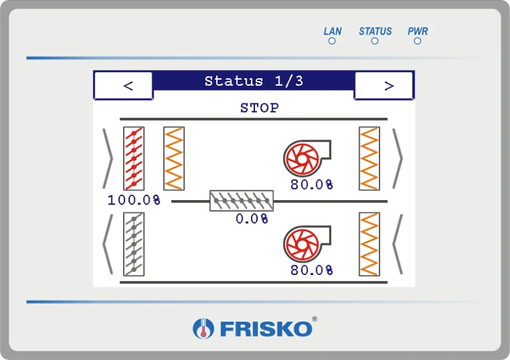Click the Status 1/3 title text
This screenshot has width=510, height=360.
[x=254, y=81]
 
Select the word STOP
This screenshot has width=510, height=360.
[x=259, y=108]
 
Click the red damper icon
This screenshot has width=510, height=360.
[x=134, y=159]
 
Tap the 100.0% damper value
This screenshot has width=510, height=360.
[x=134, y=200]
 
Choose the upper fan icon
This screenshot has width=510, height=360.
[x=307, y=158]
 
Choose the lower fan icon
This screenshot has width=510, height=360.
[x=307, y=244]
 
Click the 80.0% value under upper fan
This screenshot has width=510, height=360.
[x=311, y=184]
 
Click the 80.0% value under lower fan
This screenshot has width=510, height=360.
[x=311, y=270]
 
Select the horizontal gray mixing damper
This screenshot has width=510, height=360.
[x=241, y=201]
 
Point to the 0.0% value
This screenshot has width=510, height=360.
[x=252, y=218]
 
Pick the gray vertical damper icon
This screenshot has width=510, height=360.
[x=134, y=244]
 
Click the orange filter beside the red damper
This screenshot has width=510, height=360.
[x=174, y=159]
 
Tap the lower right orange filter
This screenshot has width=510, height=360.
[x=369, y=244]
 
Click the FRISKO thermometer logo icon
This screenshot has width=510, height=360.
[x=203, y=329]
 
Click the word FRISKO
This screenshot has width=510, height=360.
[x=266, y=329]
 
